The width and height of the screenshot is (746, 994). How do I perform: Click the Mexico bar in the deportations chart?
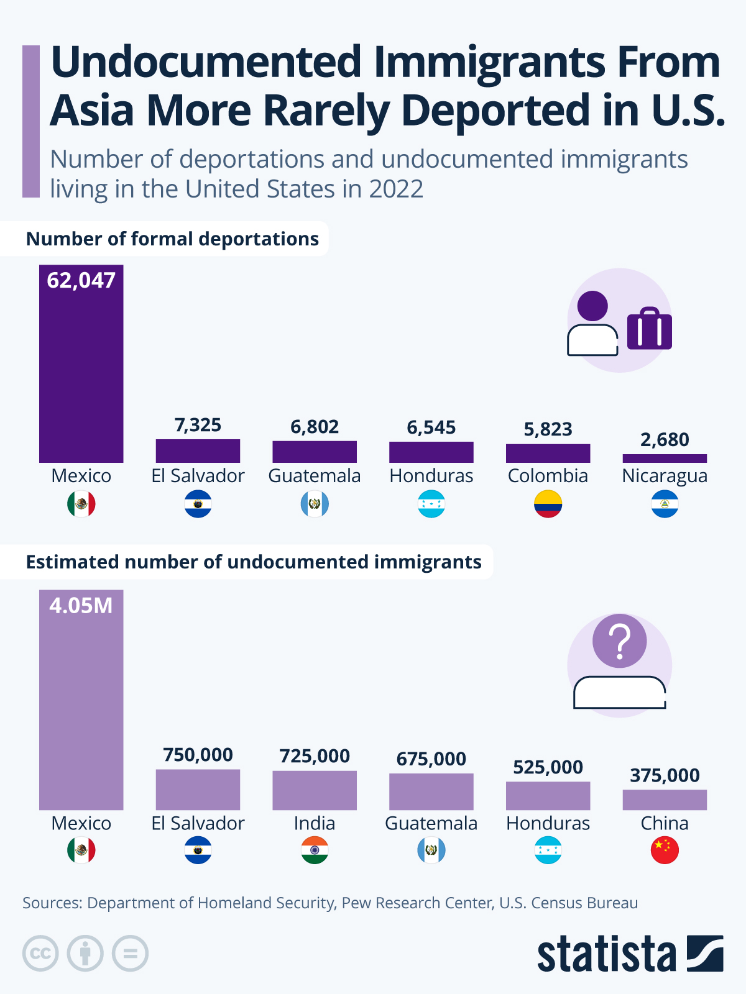(81, 373)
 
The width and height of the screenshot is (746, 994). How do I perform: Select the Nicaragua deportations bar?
(665, 458)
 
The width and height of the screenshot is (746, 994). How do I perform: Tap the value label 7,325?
(198, 425)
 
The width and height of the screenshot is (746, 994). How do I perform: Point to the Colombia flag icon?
(548, 504)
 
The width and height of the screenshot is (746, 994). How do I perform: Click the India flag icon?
(315, 850)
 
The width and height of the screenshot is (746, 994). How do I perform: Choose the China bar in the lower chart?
(665, 800)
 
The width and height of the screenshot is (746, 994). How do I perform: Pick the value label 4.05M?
(81, 605)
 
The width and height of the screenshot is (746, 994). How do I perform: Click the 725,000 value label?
(315, 755)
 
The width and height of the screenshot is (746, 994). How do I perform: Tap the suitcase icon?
(650, 329)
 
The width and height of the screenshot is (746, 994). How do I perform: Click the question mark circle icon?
(619, 641)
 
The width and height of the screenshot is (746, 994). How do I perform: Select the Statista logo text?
(606, 954)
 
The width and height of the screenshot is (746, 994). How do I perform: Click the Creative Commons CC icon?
(40, 954)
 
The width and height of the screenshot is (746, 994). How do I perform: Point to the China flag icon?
(665, 850)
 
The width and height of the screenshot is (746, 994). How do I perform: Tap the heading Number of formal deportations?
(172, 239)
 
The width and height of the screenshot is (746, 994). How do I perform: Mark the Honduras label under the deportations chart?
(431, 476)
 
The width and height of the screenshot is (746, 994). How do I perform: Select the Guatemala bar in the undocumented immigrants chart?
(431, 791)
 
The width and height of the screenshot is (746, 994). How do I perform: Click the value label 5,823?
(548, 429)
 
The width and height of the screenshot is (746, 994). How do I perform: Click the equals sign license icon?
(130, 954)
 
